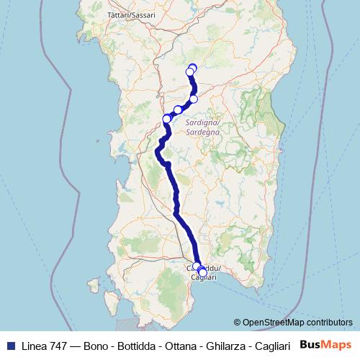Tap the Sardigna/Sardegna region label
[x=202, y=128]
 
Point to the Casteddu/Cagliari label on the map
[x=204, y=273]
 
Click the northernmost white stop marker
[x=192, y=68]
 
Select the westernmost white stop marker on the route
[x=167, y=119]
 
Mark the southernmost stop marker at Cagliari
[x=202, y=272]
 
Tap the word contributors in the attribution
[x=329, y=323]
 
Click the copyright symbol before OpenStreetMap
[x=238, y=323]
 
